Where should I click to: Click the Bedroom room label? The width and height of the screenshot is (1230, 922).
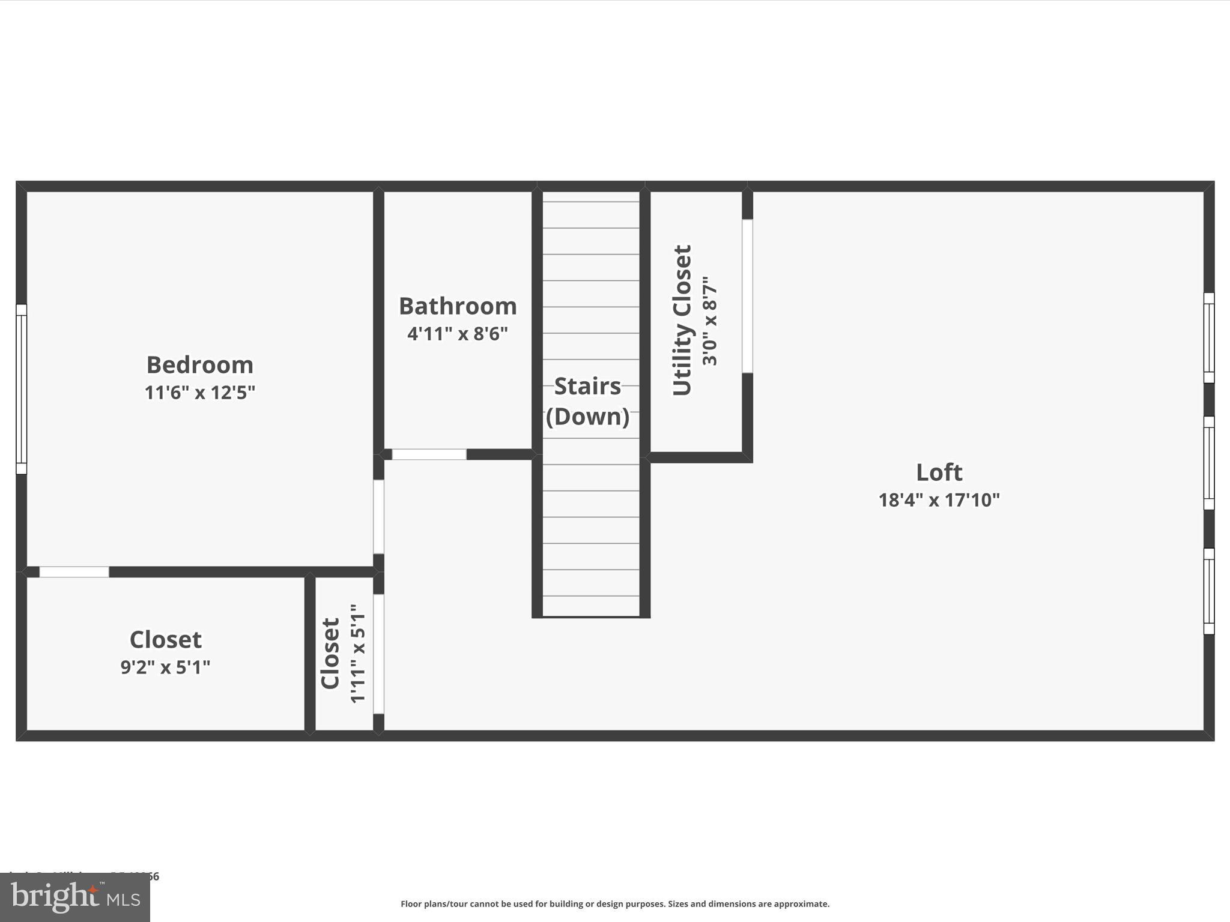200,365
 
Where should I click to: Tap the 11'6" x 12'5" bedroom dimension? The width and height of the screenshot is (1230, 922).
200,393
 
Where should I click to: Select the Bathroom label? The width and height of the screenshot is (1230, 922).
458,306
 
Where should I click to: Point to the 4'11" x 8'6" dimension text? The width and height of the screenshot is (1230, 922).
458,334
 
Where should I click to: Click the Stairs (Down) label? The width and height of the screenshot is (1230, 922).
587,401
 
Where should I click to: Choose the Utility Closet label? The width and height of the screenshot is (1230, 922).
682,321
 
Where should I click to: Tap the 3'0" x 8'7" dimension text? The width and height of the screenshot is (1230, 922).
710,321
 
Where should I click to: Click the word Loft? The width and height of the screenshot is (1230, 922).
939,472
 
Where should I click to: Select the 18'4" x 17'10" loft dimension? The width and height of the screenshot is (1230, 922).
939,500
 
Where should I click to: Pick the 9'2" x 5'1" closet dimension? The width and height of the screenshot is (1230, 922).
166,667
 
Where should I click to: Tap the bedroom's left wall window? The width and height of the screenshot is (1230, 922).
21,389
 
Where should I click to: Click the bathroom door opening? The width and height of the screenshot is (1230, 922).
429,454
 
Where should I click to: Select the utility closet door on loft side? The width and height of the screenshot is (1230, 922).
747,296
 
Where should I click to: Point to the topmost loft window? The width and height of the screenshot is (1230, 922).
1209,338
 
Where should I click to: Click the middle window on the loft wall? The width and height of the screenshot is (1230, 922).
1209,463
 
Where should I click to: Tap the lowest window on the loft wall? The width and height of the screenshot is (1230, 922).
1209,591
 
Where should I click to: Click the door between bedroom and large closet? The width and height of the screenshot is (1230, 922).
74,572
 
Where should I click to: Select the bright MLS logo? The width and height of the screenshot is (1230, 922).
75,897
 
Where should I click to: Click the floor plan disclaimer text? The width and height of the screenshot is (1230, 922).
615,904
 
